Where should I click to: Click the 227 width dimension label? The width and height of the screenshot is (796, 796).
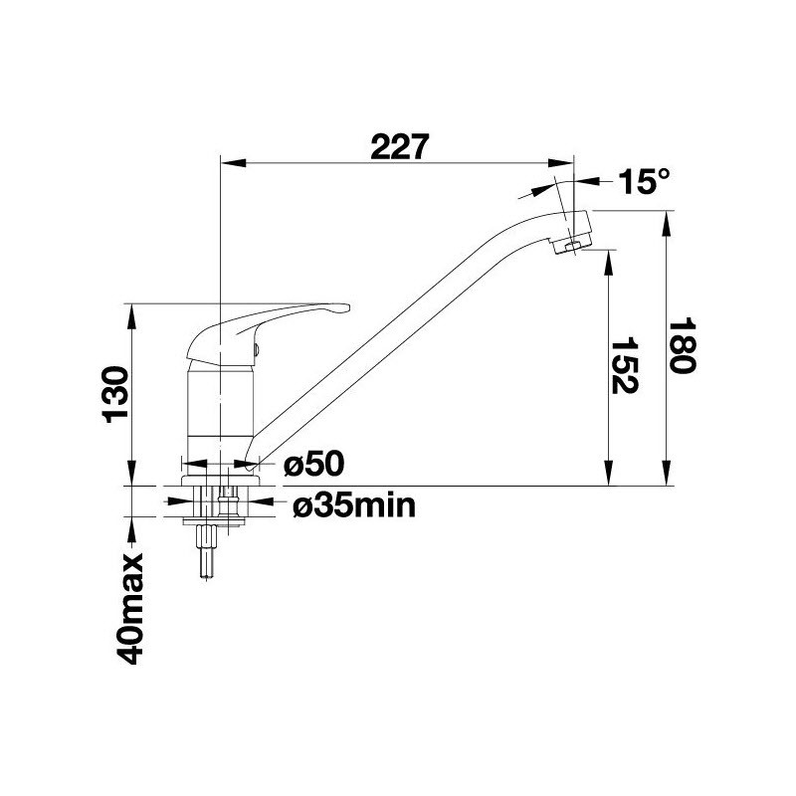click(400, 147)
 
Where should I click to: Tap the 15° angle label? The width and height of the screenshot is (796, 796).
click(644, 181)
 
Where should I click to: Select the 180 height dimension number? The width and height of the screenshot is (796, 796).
click(682, 345)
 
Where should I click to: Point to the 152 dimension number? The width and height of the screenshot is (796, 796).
click(624, 365)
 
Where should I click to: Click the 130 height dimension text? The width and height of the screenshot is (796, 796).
click(115, 394)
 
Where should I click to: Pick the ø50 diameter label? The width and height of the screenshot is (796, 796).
click(313, 464)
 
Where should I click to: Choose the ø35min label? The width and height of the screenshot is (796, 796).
click(354, 505)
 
